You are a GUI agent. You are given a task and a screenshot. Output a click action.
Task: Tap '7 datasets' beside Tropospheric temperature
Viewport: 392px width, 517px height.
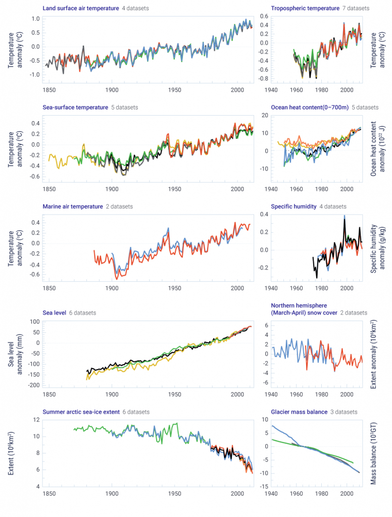356,9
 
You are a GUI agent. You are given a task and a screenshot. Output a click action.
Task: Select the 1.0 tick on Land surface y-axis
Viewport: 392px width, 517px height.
35,19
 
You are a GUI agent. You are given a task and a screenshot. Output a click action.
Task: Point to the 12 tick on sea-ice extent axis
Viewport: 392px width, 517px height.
36,420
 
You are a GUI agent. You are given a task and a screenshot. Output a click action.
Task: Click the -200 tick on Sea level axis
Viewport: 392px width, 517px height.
33,385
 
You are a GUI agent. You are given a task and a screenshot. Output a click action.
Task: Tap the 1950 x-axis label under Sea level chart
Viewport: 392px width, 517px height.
175,394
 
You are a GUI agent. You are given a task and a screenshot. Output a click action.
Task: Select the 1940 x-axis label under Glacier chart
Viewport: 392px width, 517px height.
271,493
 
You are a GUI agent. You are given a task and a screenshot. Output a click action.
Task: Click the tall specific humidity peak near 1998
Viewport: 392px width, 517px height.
345,216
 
